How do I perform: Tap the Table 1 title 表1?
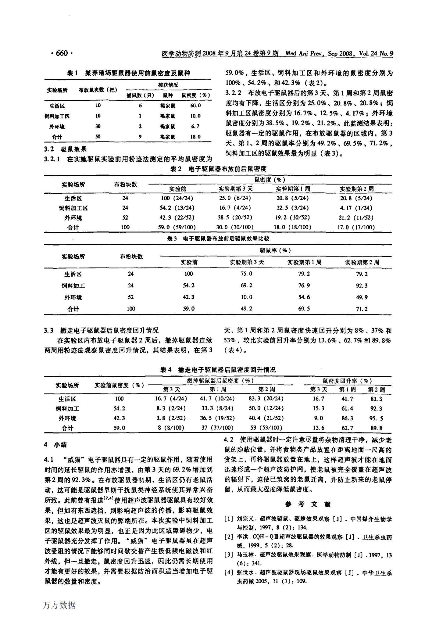[x=73, y=73]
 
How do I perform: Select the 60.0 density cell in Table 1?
[x=195, y=106]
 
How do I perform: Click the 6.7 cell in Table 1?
[x=195, y=126]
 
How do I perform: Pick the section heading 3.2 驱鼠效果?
[x=66, y=149]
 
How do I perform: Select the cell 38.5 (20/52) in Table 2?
[x=236, y=218]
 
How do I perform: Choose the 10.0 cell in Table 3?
[x=246, y=297]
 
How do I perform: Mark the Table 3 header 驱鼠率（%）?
[x=275, y=250]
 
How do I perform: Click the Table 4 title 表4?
[x=168, y=370]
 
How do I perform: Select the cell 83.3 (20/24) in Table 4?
[x=266, y=399]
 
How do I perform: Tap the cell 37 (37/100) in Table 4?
[x=217, y=428]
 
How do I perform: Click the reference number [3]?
[x=229, y=554]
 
